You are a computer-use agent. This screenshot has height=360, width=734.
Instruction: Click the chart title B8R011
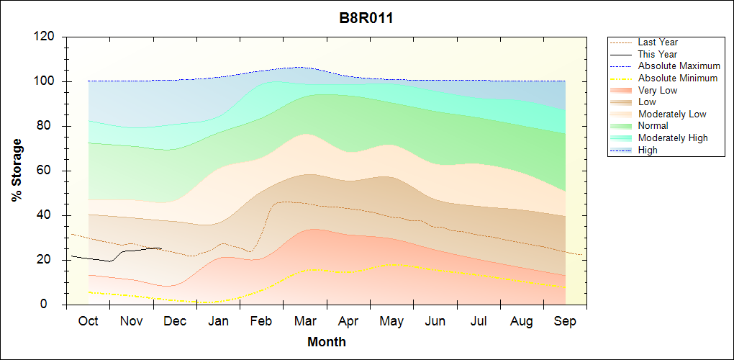(366, 19)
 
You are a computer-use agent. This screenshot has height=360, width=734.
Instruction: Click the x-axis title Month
(326, 342)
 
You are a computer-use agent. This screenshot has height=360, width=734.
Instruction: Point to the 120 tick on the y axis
(46, 37)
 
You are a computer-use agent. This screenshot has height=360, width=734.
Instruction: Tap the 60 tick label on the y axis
(49, 171)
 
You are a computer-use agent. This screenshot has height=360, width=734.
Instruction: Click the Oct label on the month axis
(88, 321)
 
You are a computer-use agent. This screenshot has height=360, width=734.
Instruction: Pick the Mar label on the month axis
(305, 321)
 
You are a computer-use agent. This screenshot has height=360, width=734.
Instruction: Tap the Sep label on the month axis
(566, 321)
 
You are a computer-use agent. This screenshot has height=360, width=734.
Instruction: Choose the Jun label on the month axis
(435, 321)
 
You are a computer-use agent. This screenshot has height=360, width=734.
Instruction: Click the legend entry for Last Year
(658, 42)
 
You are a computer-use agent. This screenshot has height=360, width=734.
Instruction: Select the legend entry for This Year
(658, 54)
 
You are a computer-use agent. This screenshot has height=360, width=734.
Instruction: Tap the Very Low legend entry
(658, 90)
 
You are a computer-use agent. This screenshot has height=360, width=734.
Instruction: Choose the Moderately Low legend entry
(672, 114)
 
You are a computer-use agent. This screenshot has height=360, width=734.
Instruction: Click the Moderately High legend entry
(673, 138)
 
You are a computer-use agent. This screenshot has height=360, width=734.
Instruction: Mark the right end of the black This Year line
(160, 248)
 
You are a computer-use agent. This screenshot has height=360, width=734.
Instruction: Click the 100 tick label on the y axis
(46, 81)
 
